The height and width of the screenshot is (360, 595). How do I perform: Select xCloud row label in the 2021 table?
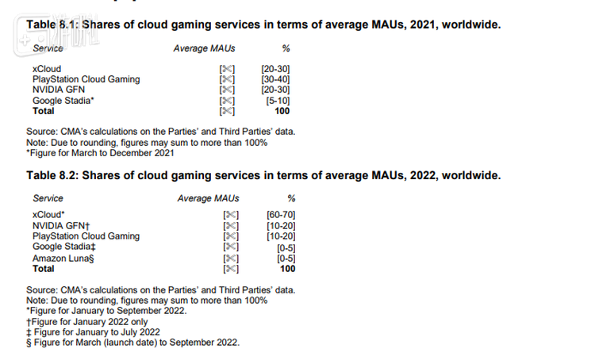click(46, 70)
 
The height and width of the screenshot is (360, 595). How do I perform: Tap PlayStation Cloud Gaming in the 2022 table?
click(86, 236)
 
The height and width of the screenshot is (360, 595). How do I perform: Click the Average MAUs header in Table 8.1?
click(204, 49)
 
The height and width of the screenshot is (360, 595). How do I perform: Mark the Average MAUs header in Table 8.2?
click(208, 198)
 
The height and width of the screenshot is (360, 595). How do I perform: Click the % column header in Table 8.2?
click(290, 198)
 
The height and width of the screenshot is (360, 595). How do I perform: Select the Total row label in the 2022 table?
click(44, 269)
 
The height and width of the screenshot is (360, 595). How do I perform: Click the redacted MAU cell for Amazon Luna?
click(231, 259)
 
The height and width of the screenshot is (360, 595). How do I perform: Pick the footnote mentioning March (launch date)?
click(132, 343)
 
